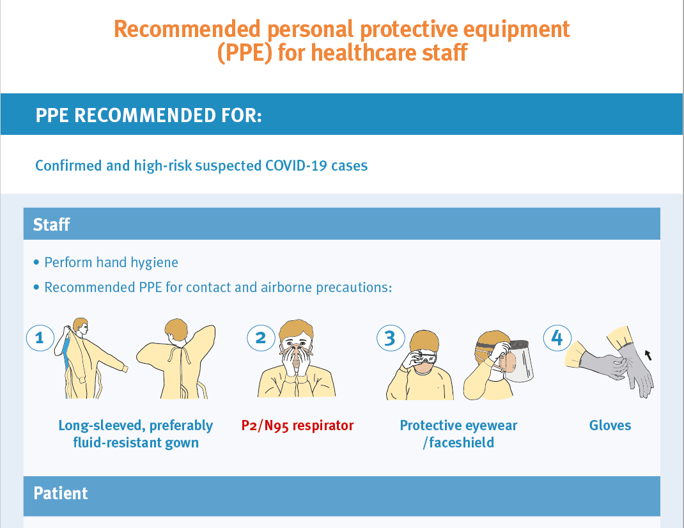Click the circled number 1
click(40, 338)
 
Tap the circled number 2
click(261, 338)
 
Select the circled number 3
click(391, 338)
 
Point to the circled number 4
click(557, 338)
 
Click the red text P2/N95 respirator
click(297, 426)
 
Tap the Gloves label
click(610, 426)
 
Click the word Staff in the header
click(52, 224)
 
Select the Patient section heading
click(61, 493)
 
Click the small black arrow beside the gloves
click(649, 355)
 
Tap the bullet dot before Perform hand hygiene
click(36, 263)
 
